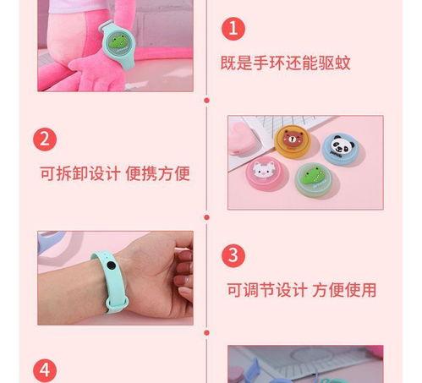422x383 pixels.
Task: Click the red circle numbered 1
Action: [233, 29]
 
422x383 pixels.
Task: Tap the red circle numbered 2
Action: [45, 140]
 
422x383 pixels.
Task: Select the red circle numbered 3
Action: [233, 255]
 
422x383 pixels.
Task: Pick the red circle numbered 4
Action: [45, 370]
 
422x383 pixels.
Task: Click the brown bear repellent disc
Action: [293, 141]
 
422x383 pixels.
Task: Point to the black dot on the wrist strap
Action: [111, 265]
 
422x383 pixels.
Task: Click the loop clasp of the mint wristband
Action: [117, 303]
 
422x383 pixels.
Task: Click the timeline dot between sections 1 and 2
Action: [206, 101]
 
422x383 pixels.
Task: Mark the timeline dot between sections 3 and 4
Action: [206, 333]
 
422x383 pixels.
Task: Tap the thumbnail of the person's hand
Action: [115, 278]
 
